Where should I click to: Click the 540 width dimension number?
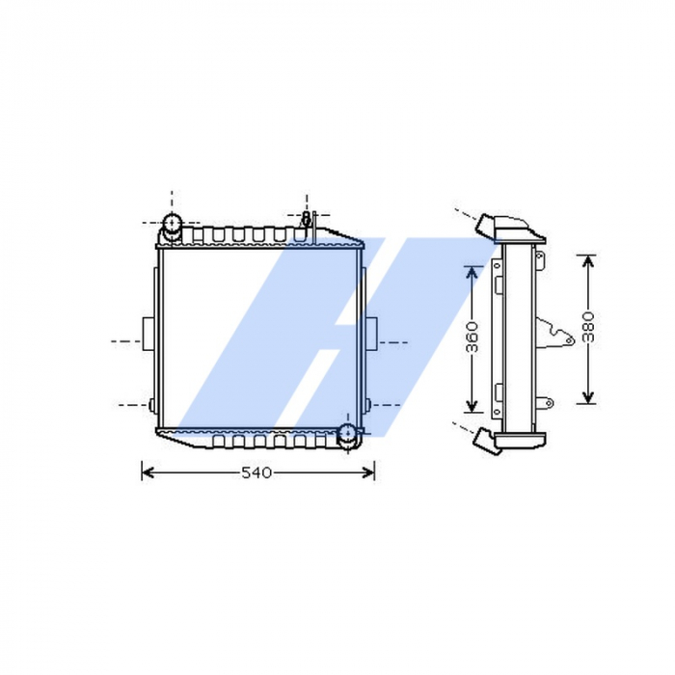click(257, 472)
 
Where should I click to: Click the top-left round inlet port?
click(172, 228)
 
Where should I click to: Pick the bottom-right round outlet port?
click(347, 436)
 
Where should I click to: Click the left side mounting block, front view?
click(148, 334)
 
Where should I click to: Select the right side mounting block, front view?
click(369, 334)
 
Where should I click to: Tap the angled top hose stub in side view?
click(487, 224)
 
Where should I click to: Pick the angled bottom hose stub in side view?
click(486, 441)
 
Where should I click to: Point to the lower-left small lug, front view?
click(151, 403)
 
